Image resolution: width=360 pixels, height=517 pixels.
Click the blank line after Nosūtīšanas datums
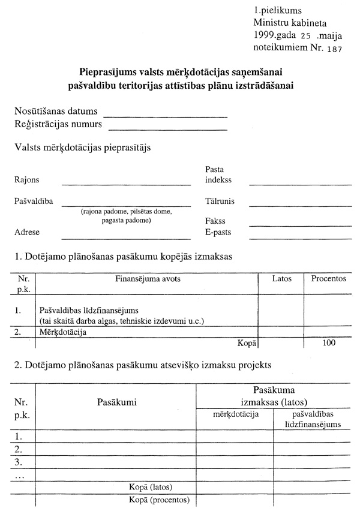(166, 115)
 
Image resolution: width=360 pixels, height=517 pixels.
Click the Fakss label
(215, 221)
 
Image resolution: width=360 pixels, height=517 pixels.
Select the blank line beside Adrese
(126, 238)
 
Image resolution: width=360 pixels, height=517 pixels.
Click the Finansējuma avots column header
(148, 279)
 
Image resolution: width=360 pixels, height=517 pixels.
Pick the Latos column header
(281, 279)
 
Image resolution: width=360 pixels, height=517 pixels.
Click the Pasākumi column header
(116, 402)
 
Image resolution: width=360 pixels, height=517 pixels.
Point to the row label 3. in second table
(19, 462)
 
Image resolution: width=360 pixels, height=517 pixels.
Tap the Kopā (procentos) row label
(160, 499)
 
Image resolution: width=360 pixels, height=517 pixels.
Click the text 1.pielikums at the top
(277, 10)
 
